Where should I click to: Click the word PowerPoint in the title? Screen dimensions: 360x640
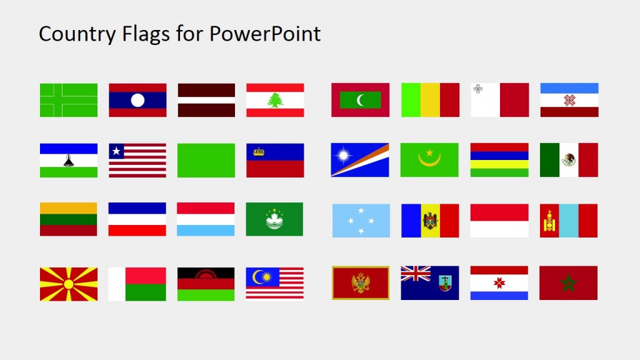[x=265, y=34]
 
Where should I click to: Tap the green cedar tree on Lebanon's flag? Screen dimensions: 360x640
[x=275, y=100]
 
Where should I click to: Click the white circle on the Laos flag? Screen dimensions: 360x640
[x=137, y=100]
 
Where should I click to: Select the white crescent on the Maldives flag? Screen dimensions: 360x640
[x=361, y=100]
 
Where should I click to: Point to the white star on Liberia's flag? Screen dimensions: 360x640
[x=116, y=151]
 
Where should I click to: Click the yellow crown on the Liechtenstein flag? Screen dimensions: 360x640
[x=259, y=151]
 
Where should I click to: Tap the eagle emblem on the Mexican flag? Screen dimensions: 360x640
[x=569, y=160]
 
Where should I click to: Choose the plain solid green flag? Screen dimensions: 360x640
[x=206, y=161]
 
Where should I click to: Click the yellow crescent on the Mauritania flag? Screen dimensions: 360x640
[x=429, y=161]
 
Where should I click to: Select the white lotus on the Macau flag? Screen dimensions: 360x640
[x=274, y=219]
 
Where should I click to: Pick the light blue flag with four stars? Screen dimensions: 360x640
[x=361, y=221]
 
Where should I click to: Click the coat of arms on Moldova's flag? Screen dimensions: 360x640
[x=430, y=221]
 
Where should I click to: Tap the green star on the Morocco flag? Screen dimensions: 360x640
[x=568, y=284]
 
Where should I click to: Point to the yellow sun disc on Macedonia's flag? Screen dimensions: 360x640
[x=69, y=284]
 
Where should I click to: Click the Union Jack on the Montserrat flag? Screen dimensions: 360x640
[x=416, y=274]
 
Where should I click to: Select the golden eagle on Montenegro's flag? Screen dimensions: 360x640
[x=361, y=283]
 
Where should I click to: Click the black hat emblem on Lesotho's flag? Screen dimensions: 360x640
[x=69, y=161]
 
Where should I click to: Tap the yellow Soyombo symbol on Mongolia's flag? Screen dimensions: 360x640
[x=549, y=221]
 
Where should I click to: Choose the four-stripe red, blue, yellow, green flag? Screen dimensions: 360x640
[x=499, y=160]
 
